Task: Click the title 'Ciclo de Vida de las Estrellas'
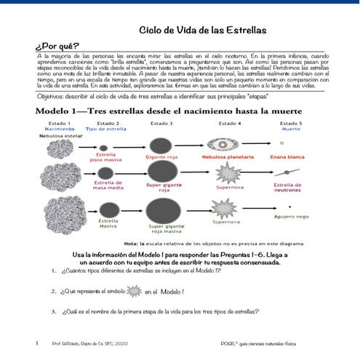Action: point(203,30)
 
